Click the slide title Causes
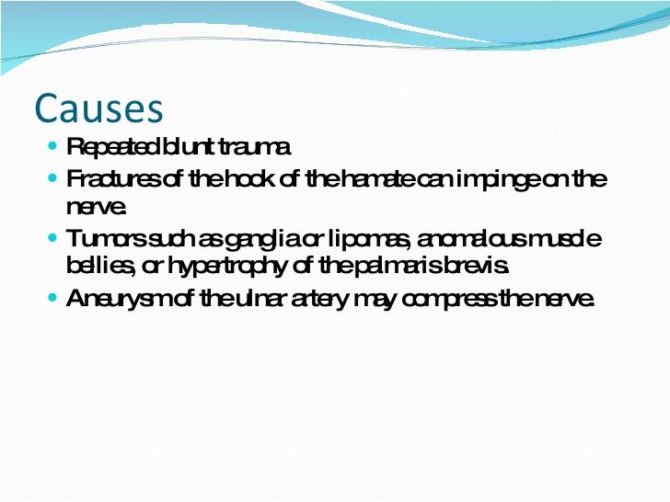[98, 108]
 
